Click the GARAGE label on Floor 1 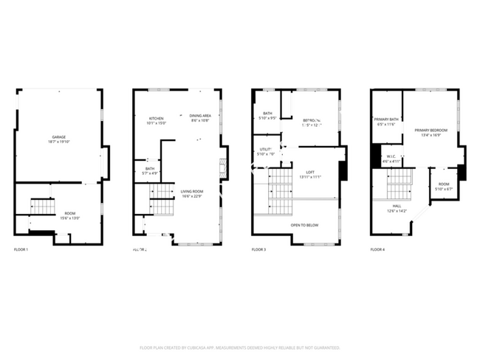[x=58, y=137]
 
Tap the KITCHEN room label [x=156, y=118]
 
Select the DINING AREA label [x=200, y=116]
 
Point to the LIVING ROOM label [x=191, y=192]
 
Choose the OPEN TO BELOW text [x=304, y=225]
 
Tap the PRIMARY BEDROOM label [x=431, y=130]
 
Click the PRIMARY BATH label [x=386, y=120]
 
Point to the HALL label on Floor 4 [x=397, y=206]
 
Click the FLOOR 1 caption [x=21, y=250]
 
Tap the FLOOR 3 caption [x=258, y=250]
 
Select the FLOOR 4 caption [x=377, y=250]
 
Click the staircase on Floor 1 [x=43, y=207]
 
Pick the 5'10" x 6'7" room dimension [x=443, y=189]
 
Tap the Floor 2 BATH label [x=150, y=169]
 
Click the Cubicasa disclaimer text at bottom [x=239, y=347]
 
